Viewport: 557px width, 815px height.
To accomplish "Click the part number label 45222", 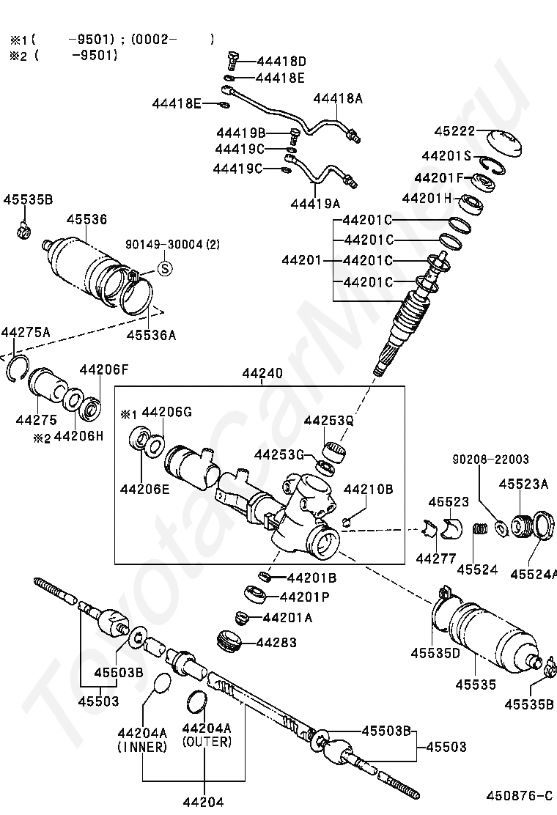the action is [454, 130].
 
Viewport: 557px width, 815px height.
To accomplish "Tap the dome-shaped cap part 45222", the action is [505, 143].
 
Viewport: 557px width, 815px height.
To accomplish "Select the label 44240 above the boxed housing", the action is [262, 373].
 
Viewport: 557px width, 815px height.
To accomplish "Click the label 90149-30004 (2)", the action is [172, 244].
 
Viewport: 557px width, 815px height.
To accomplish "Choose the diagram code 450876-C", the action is [519, 796].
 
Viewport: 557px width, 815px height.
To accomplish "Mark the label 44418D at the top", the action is [281, 62].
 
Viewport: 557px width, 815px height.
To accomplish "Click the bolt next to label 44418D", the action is [233, 60].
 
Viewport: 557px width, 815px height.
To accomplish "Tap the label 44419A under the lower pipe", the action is [315, 203].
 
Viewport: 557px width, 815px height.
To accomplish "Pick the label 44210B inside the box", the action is [369, 489].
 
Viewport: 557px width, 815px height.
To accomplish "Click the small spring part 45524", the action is [479, 535].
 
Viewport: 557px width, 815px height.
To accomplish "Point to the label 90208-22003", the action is [490, 460].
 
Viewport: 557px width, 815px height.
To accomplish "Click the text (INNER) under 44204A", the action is [142, 747].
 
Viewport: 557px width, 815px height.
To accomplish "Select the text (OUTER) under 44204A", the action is [207, 741].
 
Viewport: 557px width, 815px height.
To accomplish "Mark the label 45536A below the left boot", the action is [151, 335].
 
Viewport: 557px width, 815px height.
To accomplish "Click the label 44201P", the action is [304, 597].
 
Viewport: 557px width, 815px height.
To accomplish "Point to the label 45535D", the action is [435, 653].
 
